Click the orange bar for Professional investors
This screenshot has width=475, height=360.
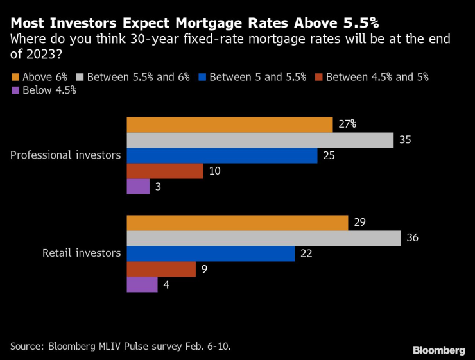click(x=229, y=124)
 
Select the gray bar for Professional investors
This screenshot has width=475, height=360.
click(x=260, y=140)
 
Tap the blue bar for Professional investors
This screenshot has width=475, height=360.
click(x=221, y=156)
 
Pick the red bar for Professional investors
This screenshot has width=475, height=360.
click(x=165, y=171)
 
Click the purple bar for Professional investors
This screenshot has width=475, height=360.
click(x=138, y=187)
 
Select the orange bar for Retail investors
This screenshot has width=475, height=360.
click(x=237, y=223)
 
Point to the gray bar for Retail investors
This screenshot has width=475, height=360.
click(x=264, y=238)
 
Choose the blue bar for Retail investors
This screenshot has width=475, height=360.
click(x=211, y=253)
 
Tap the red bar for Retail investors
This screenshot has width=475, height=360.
click(x=161, y=269)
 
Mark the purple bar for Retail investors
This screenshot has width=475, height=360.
click(x=142, y=284)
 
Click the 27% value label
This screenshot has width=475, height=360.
click(x=347, y=124)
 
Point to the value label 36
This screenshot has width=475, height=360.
click(x=413, y=238)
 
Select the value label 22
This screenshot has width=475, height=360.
click(x=306, y=253)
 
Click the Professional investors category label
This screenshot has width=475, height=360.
click(x=65, y=155)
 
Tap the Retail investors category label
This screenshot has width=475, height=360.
click(x=82, y=253)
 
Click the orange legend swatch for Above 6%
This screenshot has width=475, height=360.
click(x=15, y=77)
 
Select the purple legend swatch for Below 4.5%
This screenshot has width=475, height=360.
click(x=15, y=90)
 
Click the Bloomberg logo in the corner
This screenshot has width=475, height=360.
click(x=438, y=350)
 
